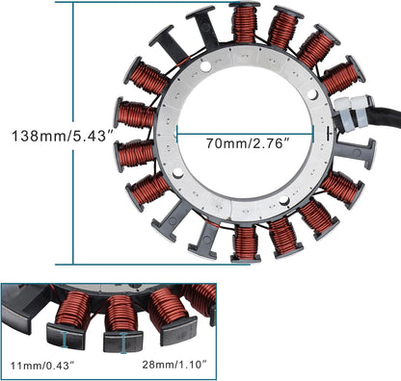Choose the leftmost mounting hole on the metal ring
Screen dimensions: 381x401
coord(177,172)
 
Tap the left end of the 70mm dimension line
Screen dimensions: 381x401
coord(178,134)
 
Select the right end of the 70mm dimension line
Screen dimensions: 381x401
coord(312,134)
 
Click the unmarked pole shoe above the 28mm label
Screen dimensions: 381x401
coord(179,332)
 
